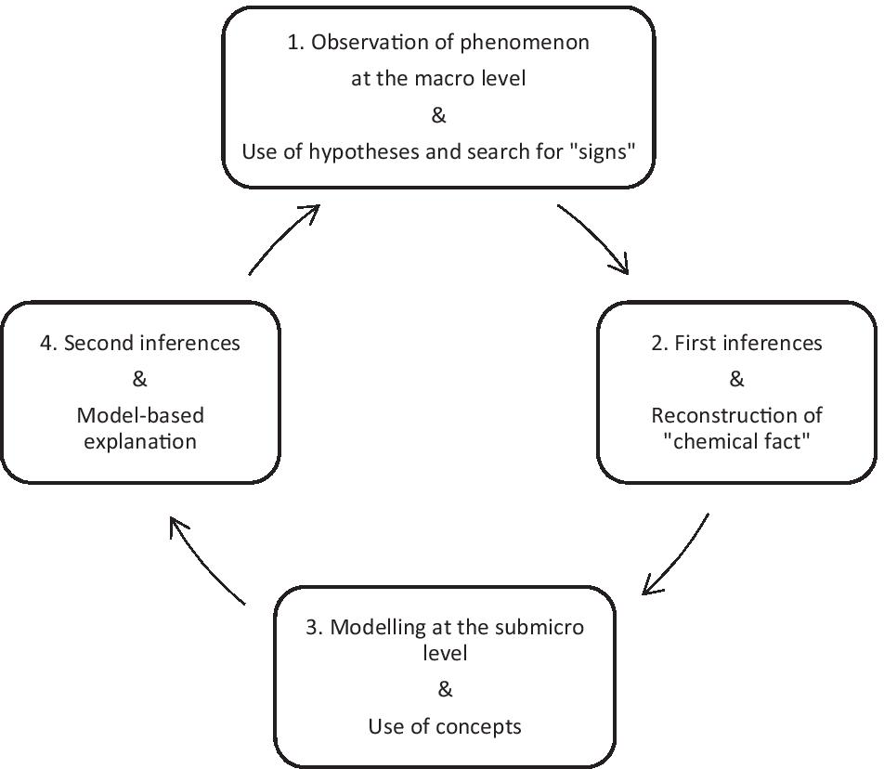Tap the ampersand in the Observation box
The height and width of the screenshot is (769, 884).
(x=439, y=115)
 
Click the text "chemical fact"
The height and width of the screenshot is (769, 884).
(x=736, y=440)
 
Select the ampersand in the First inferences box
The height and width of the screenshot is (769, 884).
(x=737, y=379)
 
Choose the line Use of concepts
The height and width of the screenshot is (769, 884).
(x=445, y=726)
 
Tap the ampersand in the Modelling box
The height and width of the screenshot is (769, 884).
(x=445, y=690)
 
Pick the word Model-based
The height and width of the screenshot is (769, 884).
(x=140, y=415)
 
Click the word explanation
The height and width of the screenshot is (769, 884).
(x=140, y=440)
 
